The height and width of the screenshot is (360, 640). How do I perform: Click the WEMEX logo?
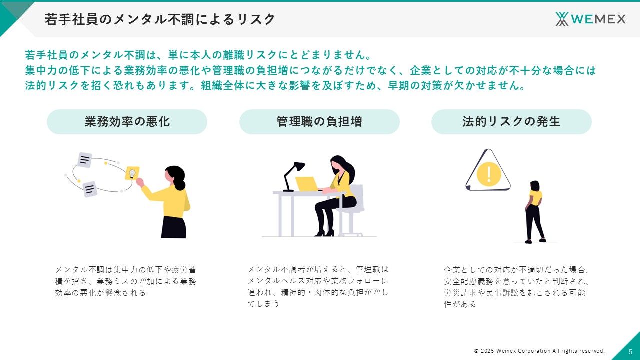590,19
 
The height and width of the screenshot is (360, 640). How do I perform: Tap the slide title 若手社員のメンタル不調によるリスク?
159,19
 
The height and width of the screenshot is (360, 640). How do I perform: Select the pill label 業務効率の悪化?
127,122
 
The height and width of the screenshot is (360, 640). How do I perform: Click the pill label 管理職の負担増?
319,122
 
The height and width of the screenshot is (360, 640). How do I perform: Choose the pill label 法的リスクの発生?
511,122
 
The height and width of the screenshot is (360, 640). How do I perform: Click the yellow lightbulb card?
132,173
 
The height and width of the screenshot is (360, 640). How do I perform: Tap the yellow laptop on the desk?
307,184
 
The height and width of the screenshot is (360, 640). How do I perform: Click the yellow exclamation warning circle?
489,174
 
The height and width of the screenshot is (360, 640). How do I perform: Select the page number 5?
630,352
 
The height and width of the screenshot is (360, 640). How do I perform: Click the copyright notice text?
539,351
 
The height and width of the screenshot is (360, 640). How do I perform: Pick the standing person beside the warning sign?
535,212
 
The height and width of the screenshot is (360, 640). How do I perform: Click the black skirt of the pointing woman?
173,227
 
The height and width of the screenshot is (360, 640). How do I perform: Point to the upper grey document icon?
85,160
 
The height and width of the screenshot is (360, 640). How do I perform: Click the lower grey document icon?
90,189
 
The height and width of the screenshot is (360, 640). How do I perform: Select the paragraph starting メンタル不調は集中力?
125,281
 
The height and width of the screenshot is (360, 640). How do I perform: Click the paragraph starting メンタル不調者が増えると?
318,287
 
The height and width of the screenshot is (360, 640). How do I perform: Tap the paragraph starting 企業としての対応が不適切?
516,287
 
